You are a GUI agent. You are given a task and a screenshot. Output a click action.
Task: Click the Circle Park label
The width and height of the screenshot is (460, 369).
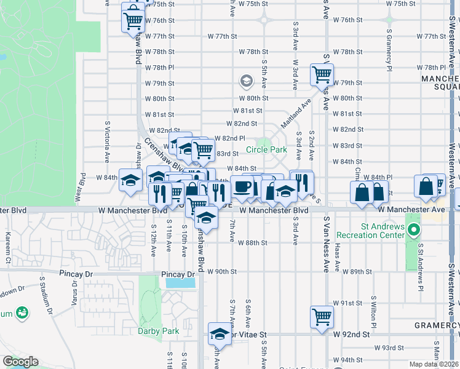[x=267, y=149]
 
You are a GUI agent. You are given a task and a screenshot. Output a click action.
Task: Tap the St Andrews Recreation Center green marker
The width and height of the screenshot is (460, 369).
[x=414, y=232]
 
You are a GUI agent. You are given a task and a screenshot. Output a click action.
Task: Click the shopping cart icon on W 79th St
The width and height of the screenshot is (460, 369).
[x=322, y=75]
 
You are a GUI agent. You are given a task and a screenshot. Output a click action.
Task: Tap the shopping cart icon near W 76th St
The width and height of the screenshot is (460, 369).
[x=133, y=20]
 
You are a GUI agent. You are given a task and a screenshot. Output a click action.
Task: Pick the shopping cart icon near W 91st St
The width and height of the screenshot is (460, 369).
[x=322, y=317]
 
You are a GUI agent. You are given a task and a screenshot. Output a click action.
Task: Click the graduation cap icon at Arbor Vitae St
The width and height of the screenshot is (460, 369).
[x=219, y=334]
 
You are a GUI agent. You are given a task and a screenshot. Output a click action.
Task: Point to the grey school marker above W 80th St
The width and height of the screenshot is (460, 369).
[x=247, y=81]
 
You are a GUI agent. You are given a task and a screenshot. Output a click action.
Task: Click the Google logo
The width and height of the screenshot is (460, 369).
[x=20, y=362]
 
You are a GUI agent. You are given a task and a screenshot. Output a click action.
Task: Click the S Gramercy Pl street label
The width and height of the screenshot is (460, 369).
[x=389, y=50]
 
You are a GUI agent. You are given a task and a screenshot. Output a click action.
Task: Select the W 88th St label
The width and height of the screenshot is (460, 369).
[x=253, y=243]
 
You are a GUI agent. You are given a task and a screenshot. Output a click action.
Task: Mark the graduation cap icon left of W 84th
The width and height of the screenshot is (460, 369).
[x=130, y=180]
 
